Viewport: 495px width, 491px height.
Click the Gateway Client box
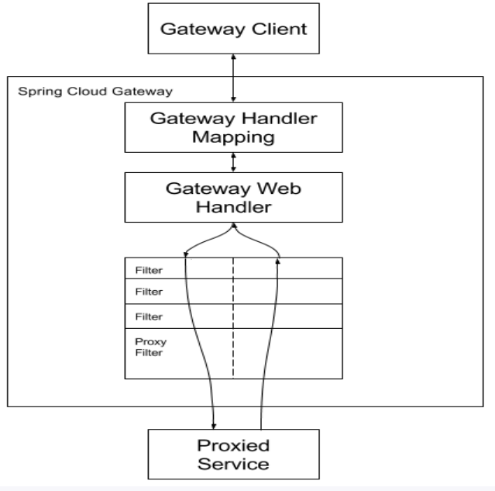coord(233,31)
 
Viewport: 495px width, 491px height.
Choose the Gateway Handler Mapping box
coord(233,128)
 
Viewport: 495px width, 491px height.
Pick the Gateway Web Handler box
coord(233,197)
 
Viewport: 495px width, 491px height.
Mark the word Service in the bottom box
coord(233,465)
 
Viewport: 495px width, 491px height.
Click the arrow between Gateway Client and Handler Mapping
coord(233,78)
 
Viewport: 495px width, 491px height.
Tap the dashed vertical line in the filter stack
coord(232,318)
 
